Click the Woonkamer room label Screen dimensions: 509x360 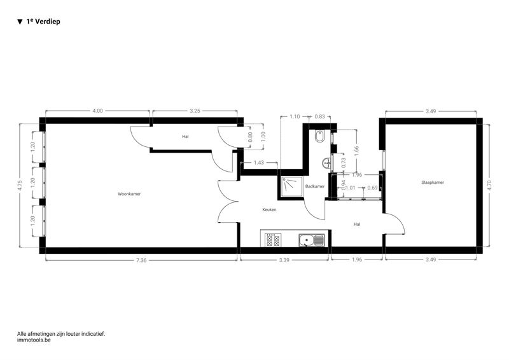click(129, 194)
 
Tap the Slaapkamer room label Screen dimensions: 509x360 click(433, 183)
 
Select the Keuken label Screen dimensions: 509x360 click(269, 210)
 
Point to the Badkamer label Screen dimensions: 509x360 click(315, 186)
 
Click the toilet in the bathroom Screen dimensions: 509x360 click(320, 136)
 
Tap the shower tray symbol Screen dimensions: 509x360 click(291, 186)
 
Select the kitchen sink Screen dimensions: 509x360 click(311, 240)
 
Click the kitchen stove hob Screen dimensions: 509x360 click(273, 240)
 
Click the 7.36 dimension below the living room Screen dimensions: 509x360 click(141, 260)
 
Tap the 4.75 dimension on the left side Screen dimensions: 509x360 click(20, 185)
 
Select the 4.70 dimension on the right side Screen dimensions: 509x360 click(489, 185)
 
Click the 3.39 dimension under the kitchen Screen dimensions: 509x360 click(284, 260)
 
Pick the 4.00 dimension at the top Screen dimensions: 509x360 click(97, 111)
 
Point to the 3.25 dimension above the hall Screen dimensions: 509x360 click(195, 111)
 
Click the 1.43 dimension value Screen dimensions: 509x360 click(259, 163)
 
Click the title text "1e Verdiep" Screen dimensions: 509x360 click(43, 22)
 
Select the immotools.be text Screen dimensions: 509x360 click(34, 340)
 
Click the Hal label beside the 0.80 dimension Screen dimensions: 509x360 click(185, 137)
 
